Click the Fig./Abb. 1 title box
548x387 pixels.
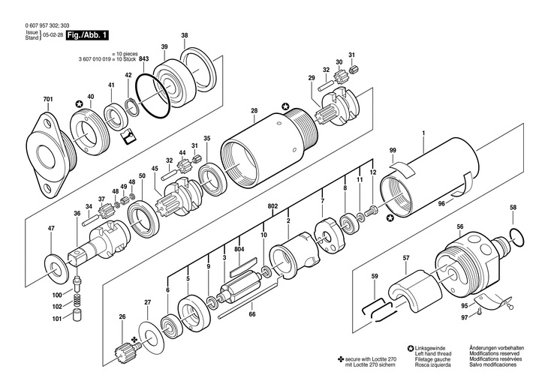(87, 35)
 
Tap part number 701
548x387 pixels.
(48, 100)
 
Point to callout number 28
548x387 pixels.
(254, 111)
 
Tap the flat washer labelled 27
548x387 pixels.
(151, 336)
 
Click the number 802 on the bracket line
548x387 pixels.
(272, 206)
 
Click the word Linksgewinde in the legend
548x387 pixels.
(430, 348)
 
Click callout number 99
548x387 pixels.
(393, 151)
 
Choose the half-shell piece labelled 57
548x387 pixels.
(414, 293)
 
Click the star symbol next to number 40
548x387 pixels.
(80, 103)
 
